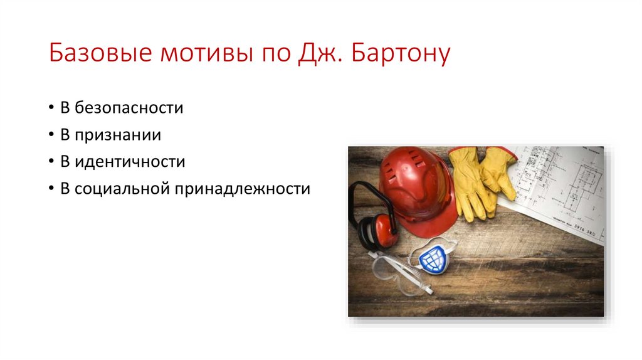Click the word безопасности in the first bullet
(x=129, y=108)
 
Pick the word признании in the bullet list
(x=118, y=135)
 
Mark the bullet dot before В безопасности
(x=50, y=109)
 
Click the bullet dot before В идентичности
(x=50, y=162)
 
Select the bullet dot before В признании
(x=50, y=135)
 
